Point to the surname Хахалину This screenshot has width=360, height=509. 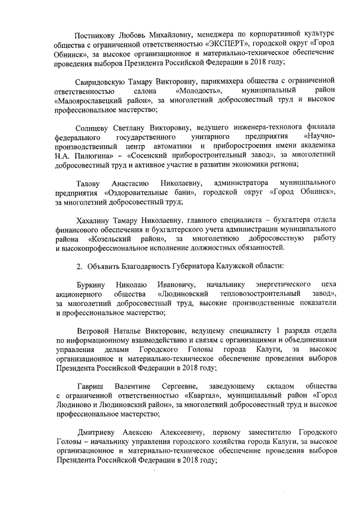pyautogui.click(x=94, y=220)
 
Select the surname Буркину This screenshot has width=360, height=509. pyautogui.click(x=88, y=284)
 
